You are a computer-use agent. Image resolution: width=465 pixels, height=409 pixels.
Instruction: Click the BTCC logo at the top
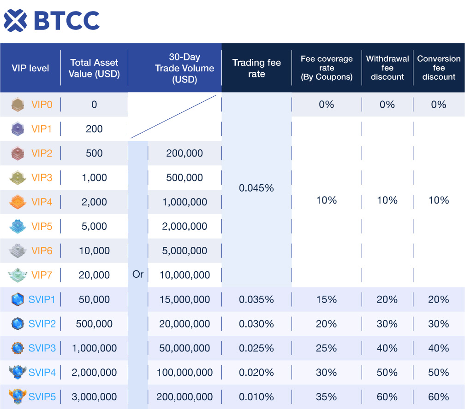pos(52,20)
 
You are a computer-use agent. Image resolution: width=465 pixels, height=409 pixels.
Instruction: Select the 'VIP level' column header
pos(30,68)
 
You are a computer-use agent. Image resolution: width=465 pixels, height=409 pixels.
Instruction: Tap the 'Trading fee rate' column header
pos(256,68)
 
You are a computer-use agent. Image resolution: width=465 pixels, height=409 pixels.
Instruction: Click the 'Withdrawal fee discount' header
pos(387,68)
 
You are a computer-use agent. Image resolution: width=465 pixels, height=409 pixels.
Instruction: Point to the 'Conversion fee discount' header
pos(439,68)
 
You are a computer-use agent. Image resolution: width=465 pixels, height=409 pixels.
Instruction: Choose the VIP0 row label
pos(42,105)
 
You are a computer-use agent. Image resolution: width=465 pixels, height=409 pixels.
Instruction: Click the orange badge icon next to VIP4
pos(18,202)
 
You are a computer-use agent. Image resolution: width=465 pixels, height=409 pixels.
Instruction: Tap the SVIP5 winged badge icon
pos(18,397)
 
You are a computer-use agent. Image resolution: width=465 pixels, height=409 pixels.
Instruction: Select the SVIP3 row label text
pos(42,348)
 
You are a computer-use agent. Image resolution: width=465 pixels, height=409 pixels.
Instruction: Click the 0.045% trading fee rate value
pos(256,188)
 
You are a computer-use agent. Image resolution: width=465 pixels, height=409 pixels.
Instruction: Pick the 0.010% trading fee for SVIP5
pos(256,397)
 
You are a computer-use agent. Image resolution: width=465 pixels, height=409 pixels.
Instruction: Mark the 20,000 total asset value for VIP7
pos(94,275)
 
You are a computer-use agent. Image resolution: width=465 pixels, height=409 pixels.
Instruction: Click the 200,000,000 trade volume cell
pos(185,397)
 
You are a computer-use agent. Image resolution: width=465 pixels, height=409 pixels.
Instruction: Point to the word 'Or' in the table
pos(138,275)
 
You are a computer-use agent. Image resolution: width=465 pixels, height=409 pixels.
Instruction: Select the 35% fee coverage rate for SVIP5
pos(327,397)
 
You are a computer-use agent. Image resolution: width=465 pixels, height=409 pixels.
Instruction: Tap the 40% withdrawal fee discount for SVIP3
pos(387,348)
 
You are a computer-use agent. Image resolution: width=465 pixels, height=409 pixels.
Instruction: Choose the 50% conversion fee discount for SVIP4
pos(439,372)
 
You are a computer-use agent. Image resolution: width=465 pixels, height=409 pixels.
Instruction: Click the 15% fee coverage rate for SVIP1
pos(327,299)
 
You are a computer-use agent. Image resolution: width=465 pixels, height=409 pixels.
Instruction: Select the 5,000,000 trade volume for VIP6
pos(185,251)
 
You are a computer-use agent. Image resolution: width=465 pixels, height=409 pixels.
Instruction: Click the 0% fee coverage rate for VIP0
pos(327,105)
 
